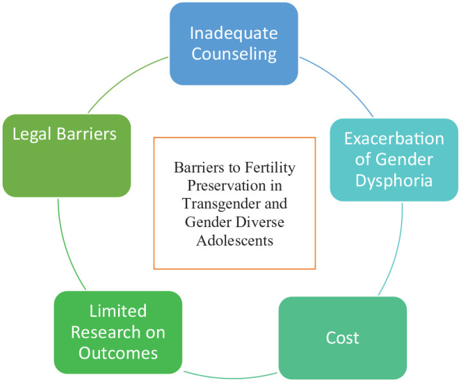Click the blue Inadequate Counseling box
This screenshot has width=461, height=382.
click(x=233, y=43)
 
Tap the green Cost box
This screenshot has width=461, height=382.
click(x=342, y=338)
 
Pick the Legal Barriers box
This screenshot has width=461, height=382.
click(x=65, y=154)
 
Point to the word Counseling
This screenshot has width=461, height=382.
click(x=234, y=54)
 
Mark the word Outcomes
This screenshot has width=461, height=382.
click(x=118, y=354)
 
